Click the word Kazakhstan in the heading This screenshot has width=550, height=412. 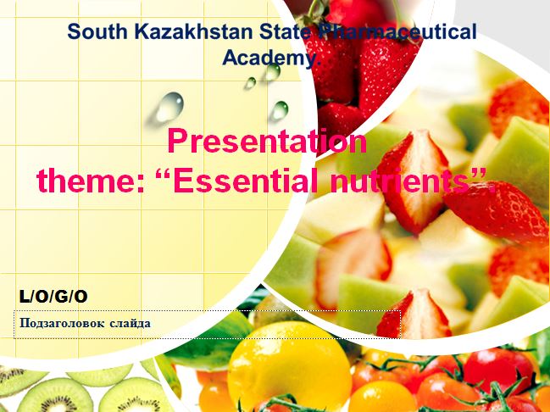(193, 31)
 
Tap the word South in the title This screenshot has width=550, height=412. (97, 31)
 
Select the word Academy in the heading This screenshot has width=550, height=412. (269, 57)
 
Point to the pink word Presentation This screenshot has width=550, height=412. (267, 141)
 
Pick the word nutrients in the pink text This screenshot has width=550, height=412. (394, 180)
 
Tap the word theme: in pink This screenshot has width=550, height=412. (91, 180)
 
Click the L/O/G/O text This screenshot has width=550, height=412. (53, 297)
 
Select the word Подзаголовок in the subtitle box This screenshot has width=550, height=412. (62, 323)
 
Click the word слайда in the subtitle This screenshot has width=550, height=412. (131, 323)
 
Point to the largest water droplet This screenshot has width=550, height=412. (169, 107)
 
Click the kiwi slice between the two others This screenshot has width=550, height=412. (100, 374)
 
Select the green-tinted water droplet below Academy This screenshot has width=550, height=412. (280, 111)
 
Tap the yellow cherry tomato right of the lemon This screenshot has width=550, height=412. (382, 397)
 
